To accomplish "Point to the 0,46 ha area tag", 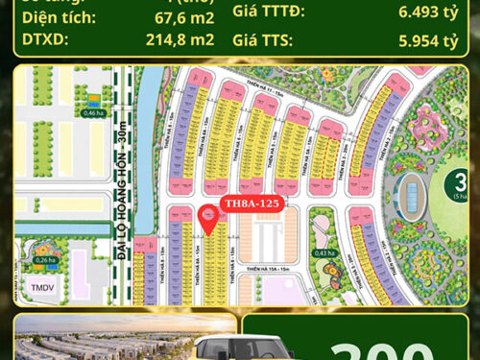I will click(93, 113).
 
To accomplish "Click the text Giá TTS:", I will click(264, 41).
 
